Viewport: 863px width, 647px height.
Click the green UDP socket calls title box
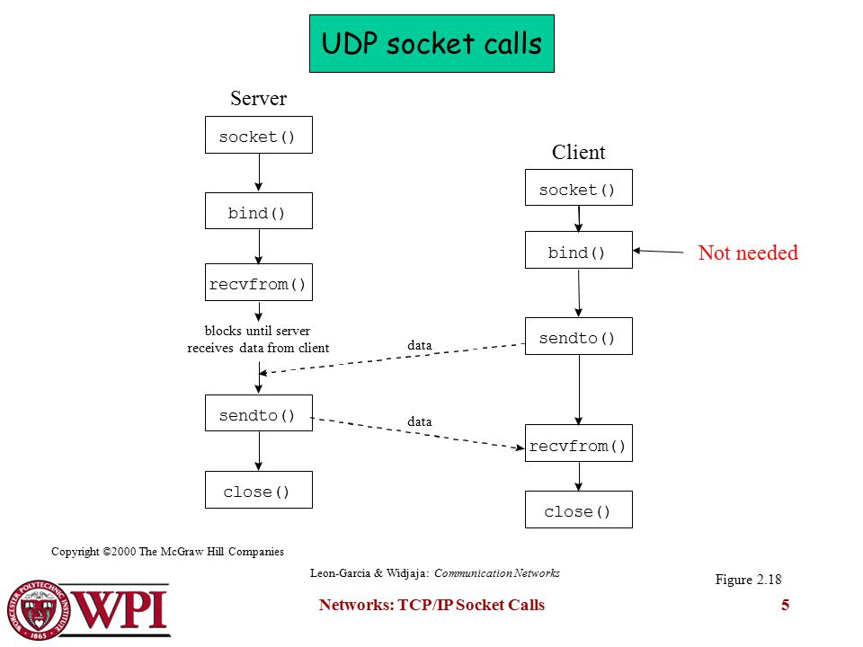point(431,43)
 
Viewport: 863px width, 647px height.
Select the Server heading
point(259,99)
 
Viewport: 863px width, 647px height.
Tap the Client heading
point(578,152)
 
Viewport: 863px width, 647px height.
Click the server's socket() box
point(259,135)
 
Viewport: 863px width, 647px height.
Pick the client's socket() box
point(578,188)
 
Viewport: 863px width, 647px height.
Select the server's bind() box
point(259,210)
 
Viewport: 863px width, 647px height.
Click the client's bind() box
point(578,250)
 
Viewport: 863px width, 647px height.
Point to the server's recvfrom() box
point(259,282)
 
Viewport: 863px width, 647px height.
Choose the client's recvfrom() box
point(578,443)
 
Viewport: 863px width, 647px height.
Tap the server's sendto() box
point(259,412)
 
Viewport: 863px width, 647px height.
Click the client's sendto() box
point(578,336)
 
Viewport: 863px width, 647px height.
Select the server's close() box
point(259,490)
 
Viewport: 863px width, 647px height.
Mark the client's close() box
point(578,510)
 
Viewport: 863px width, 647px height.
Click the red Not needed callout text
point(748,253)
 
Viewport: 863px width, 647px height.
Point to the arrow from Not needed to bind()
point(658,252)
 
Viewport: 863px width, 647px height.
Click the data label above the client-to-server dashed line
point(420,345)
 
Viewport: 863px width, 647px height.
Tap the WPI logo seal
point(39,610)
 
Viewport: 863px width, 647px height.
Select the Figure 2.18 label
point(748,580)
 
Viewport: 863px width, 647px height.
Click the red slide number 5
point(785,605)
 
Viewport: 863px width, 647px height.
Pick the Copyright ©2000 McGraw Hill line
point(167,551)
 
